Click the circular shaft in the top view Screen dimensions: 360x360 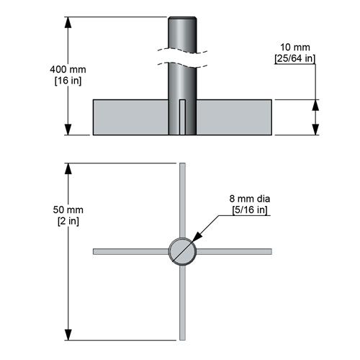tap(182, 251)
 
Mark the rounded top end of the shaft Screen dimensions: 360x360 tap(182, 20)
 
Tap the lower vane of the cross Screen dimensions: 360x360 tap(182, 302)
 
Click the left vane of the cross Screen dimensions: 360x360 tap(130, 251)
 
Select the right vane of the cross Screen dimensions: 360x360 tap(233, 251)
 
